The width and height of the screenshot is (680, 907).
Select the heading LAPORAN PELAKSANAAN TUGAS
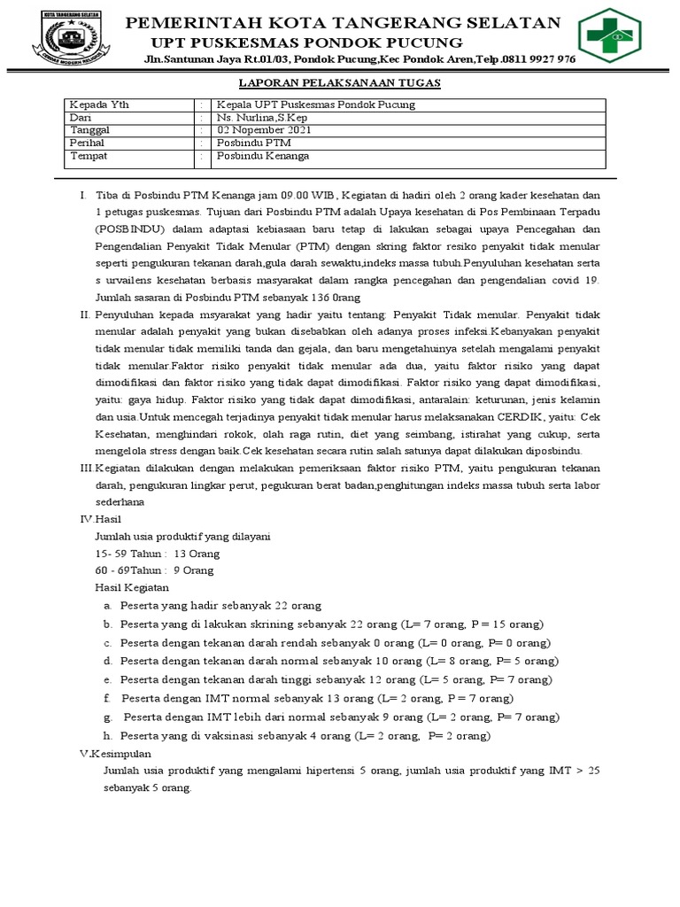(x=340, y=82)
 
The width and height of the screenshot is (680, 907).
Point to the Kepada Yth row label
(x=98, y=105)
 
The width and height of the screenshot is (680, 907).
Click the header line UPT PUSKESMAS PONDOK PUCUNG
(x=306, y=43)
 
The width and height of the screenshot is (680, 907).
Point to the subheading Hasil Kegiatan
(x=131, y=587)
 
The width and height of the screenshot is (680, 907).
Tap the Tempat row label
(x=87, y=155)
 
